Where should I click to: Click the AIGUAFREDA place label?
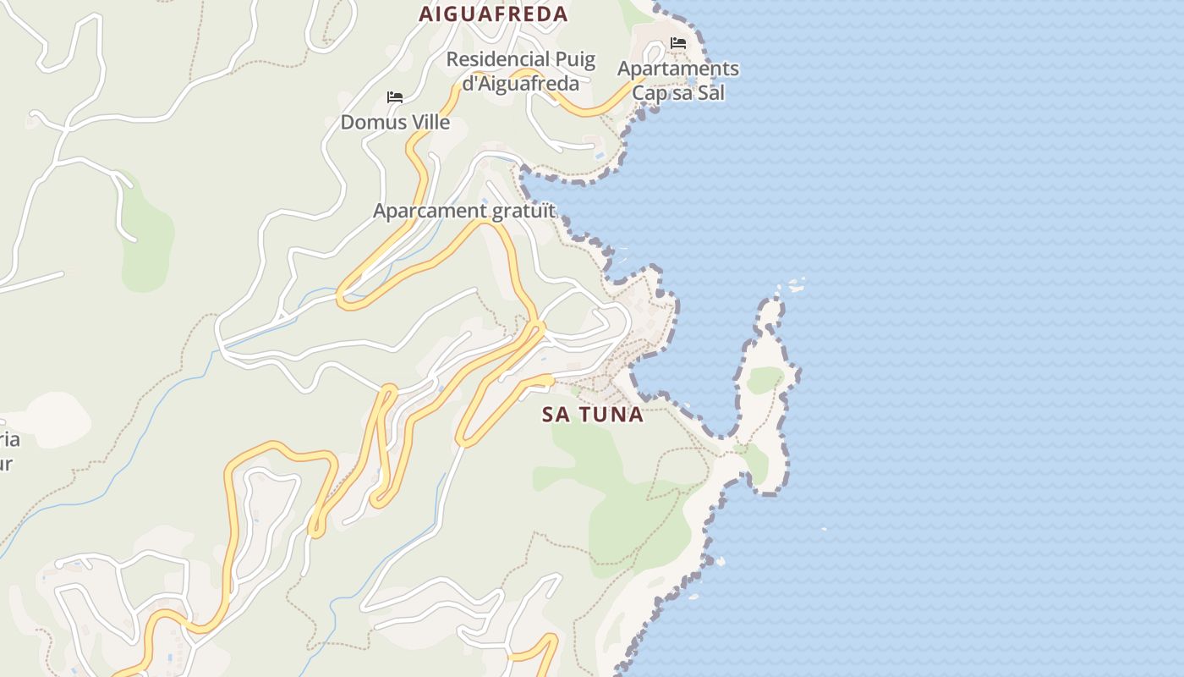[494, 14]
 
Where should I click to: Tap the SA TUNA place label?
[593, 415]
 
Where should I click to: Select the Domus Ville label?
[395, 122]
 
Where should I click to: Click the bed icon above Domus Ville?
[394, 97]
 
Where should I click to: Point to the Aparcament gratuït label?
[464, 211]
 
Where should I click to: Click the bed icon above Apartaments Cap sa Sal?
[677, 43]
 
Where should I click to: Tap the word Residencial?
[496, 60]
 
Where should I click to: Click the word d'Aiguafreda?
[521, 83]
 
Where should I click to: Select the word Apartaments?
[678, 69]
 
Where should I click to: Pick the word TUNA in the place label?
[610, 415]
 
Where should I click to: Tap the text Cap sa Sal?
[678, 92]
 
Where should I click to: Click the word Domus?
[368, 122]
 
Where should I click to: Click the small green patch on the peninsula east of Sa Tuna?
[764, 380]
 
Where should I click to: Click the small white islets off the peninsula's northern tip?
[795, 286]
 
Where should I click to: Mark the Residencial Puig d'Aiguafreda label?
[521, 71]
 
